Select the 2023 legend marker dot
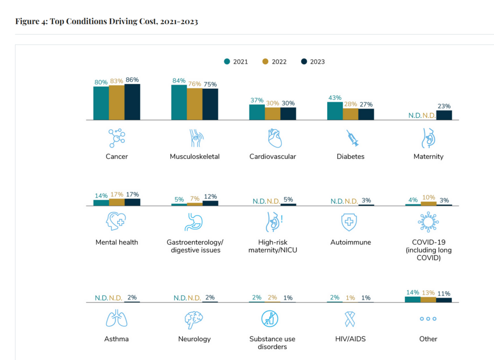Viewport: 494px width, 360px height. (304, 62)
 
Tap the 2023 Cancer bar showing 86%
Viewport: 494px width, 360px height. (132, 102)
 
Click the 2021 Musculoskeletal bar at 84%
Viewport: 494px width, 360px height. (179, 102)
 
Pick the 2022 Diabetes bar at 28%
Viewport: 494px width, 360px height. (351, 114)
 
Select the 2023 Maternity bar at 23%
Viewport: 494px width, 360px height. (444, 115)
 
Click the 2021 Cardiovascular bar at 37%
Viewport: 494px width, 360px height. (257, 112)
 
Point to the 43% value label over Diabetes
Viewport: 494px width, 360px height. (335, 97)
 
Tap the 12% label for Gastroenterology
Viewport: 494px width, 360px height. (210, 196)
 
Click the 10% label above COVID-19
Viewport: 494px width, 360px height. (429, 197)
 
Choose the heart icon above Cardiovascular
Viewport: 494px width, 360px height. (273, 138)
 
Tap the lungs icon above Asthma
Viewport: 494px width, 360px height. (117, 319)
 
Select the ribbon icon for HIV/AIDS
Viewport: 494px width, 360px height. (351, 319)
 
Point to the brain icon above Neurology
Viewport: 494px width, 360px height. (194, 319)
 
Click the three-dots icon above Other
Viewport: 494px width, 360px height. (428, 319)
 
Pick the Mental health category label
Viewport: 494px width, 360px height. (117, 242)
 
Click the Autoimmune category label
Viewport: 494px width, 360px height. (351, 242)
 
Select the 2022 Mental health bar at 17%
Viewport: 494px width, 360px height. (117, 202)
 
